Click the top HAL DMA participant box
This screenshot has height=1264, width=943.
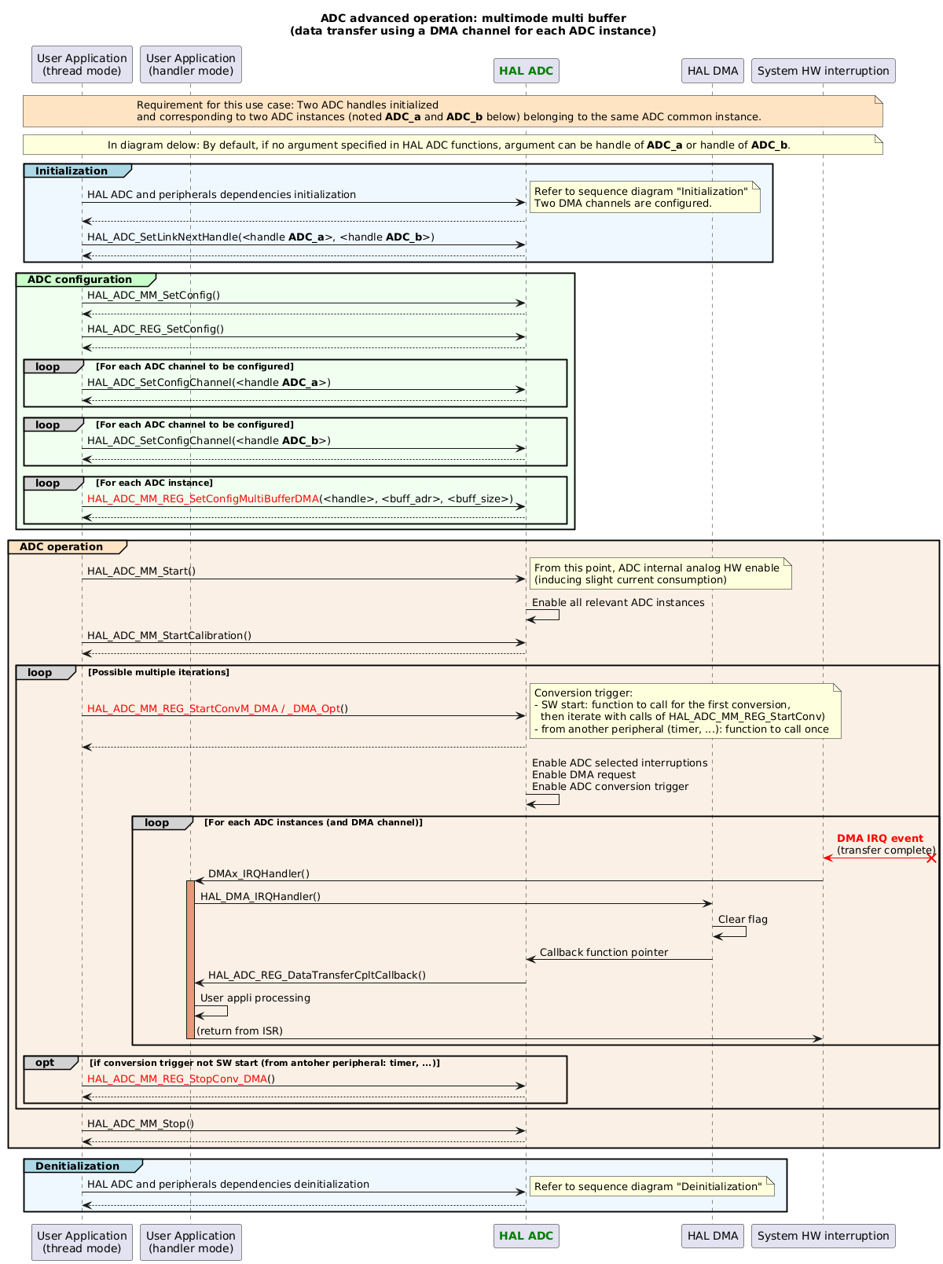tap(712, 71)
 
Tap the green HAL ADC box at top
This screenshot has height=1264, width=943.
tap(526, 71)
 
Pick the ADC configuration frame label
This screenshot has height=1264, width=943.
tap(80, 280)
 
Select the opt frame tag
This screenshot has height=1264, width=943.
tap(46, 1063)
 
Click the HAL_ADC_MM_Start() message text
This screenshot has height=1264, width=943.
tap(141, 571)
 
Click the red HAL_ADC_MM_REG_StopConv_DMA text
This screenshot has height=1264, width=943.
tap(178, 1078)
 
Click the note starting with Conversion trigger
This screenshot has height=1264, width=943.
tap(684, 711)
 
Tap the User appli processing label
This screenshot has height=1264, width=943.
tap(255, 998)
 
